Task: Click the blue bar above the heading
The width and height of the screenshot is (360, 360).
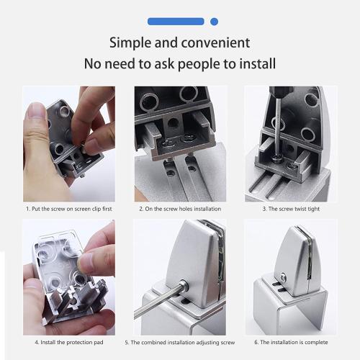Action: coord(179,22)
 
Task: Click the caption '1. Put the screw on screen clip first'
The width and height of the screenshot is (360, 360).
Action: coord(68,209)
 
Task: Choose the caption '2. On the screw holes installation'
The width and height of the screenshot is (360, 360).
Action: coord(180,209)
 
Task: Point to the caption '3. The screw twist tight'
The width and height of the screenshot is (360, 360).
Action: coord(290,209)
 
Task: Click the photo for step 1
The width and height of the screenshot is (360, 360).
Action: coord(68,143)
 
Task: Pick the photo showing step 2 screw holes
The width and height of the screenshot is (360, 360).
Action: coord(180,143)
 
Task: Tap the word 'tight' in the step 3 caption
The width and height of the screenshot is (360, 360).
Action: coord(313,209)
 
